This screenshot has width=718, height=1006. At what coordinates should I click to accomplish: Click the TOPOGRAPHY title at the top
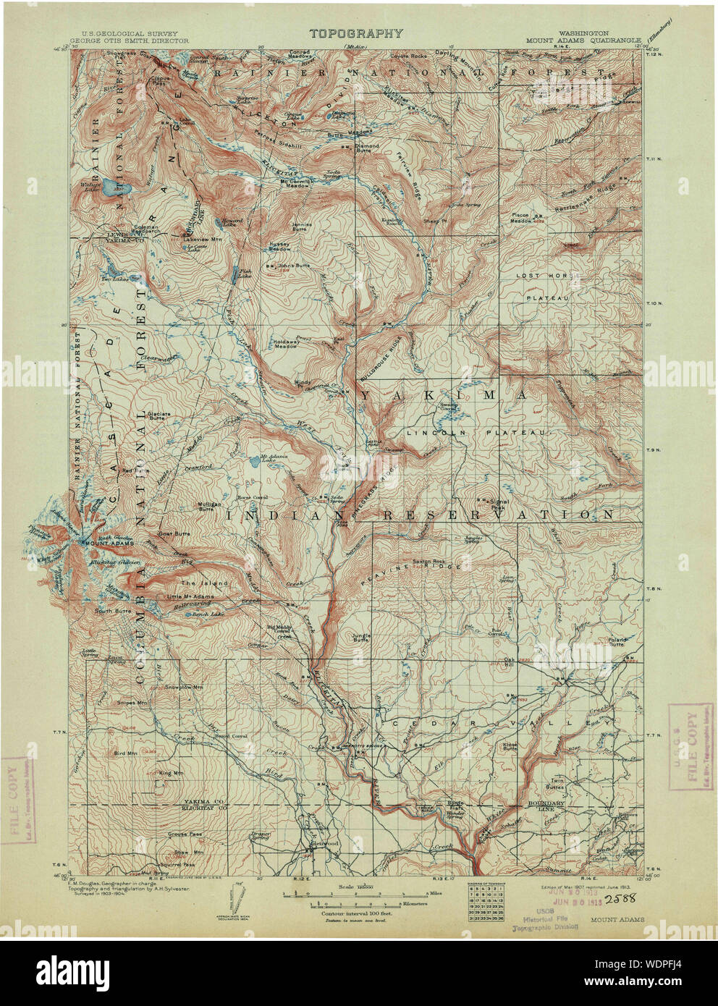pos(356,33)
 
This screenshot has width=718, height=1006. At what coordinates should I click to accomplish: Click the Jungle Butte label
pos(360,638)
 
